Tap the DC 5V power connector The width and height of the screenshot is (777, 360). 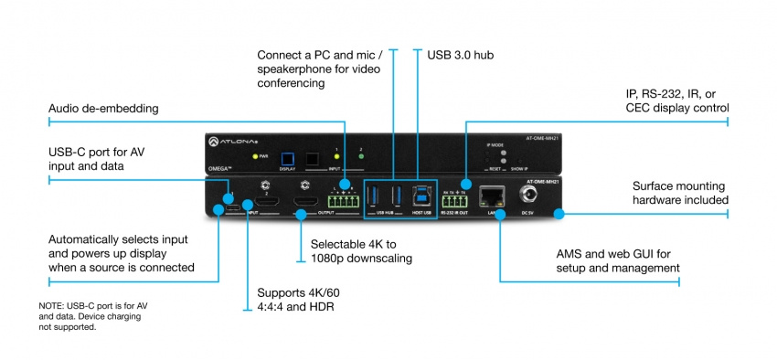coord(527,196)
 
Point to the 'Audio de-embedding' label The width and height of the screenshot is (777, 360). coord(103,109)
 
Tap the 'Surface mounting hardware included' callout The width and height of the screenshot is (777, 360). coord(680,193)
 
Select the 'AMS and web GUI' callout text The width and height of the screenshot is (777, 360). coord(617,259)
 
